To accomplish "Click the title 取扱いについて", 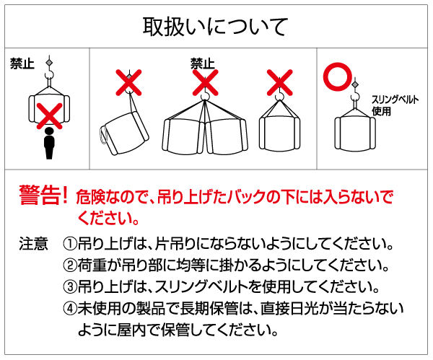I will [216, 26].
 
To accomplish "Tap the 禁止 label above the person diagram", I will [22, 63].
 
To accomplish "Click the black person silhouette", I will [49, 144].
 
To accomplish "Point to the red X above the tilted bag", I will [129, 82].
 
